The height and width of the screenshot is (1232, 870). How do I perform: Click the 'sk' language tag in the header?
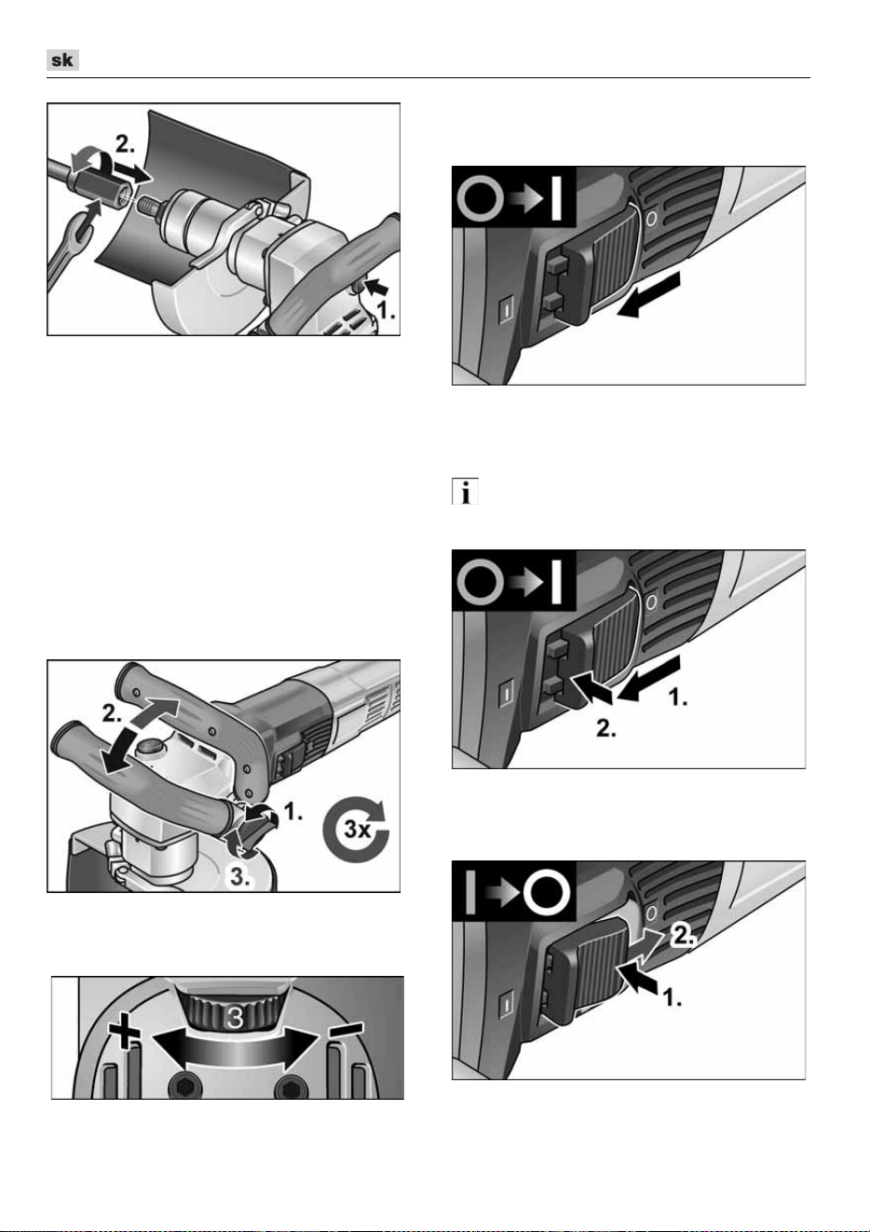click(62, 60)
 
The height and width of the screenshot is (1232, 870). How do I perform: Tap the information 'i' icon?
click(465, 491)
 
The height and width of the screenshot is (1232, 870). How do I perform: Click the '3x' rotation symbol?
click(356, 828)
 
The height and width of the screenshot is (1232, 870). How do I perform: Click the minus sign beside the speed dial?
click(347, 1030)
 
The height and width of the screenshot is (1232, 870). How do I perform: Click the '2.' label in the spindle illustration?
click(125, 144)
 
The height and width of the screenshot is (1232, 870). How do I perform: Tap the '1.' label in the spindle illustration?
click(386, 311)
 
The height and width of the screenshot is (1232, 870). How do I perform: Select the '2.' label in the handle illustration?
click(112, 713)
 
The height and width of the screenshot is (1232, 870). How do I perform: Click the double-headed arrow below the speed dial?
click(235, 1049)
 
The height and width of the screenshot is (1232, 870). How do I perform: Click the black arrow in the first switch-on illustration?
click(649, 294)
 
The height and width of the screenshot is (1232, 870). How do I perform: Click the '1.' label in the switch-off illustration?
click(672, 998)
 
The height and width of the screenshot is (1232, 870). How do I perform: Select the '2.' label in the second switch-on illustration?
click(606, 729)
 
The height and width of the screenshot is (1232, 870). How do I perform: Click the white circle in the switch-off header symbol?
click(547, 891)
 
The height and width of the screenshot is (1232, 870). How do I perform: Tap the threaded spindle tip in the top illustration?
click(148, 206)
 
